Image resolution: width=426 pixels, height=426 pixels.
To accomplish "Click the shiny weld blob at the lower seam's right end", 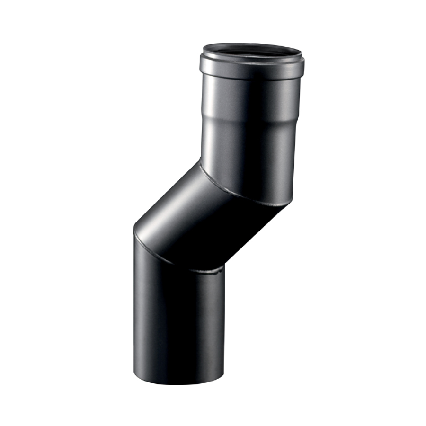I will pyautogui.click(x=219, y=271).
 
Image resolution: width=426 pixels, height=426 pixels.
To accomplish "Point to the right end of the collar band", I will pyautogui.click(x=304, y=69).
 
